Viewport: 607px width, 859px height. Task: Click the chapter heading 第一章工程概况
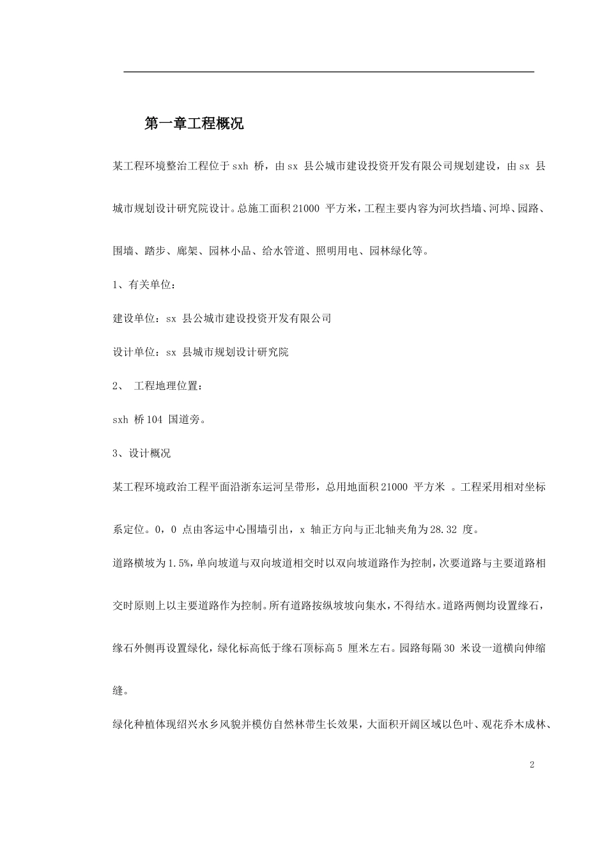point(194,124)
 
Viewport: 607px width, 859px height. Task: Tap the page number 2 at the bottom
point(532,765)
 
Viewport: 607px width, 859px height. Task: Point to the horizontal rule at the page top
point(328,72)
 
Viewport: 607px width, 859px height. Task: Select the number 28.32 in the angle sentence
point(444,529)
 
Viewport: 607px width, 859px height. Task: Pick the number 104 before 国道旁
point(155,420)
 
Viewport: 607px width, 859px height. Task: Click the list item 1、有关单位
point(143,284)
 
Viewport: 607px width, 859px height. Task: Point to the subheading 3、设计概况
point(141,453)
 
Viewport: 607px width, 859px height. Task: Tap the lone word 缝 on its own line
point(118,690)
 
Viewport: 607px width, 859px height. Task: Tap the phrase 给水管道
point(283,251)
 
